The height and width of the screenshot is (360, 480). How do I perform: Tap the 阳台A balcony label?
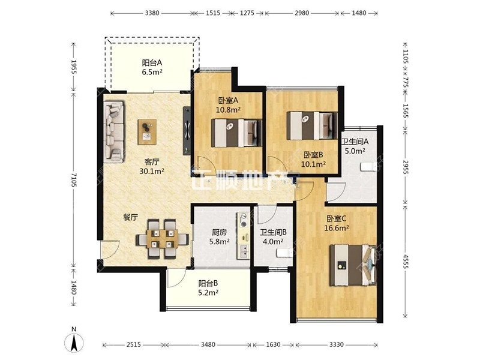click(x=152, y=63)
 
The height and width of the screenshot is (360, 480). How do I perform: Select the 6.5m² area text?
click(x=152, y=72)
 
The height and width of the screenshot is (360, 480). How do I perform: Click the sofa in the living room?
click(x=114, y=131)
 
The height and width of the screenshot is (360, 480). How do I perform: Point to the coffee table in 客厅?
click(x=147, y=131)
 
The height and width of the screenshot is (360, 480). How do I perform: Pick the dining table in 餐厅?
click(x=162, y=239)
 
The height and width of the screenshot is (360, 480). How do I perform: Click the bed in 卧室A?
click(x=236, y=133)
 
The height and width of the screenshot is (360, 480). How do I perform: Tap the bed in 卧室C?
click(x=353, y=265)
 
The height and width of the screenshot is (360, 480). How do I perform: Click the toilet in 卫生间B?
click(x=284, y=253)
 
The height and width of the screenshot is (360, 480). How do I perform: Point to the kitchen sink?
click(x=244, y=251)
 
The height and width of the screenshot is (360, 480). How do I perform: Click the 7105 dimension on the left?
click(x=73, y=179)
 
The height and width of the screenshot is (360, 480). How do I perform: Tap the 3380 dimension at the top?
click(x=152, y=13)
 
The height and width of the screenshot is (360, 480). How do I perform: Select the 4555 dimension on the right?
click(x=406, y=261)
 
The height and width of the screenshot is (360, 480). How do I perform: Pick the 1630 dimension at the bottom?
click(x=273, y=344)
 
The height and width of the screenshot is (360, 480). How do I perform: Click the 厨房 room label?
click(x=220, y=232)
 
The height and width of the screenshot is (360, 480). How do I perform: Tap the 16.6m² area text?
click(x=337, y=228)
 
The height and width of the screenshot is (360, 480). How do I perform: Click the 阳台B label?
click(x=208, y=283)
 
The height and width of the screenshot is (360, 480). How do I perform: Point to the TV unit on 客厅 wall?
click(x=187, y=130)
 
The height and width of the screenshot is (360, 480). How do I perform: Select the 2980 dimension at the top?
click(x=302, y=13)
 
